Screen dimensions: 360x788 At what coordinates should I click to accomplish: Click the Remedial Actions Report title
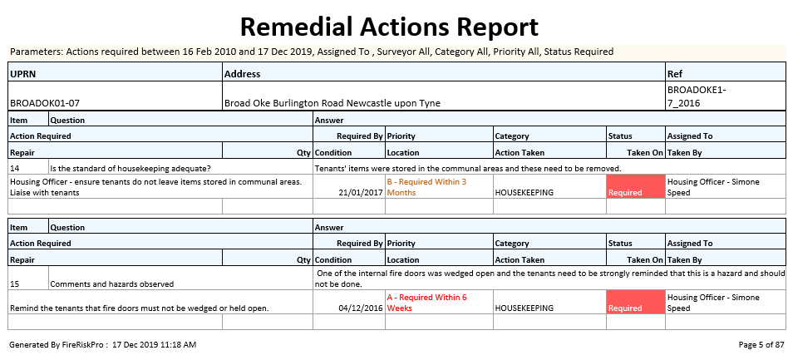(x=389, y=27)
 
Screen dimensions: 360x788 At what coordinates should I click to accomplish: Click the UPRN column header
(x=22, y=74)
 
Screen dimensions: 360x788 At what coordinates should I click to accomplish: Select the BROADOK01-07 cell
(x=45, y=103)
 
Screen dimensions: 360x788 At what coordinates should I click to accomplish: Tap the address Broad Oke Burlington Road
(x=332, y=103)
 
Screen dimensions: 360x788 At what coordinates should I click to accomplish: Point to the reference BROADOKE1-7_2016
(x=697, y=96)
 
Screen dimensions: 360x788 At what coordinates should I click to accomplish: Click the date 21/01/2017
(x=361, y=192)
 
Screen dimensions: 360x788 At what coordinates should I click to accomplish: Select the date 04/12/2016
(x=361, y=308)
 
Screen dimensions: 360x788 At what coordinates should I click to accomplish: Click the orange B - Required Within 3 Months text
(x=426, y=187)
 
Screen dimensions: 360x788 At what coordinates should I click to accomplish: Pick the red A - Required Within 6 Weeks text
(x=426, y=303)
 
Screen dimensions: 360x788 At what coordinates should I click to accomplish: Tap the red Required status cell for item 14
(x=636, y=187)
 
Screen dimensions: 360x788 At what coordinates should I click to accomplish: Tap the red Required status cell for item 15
(x=636, y=303)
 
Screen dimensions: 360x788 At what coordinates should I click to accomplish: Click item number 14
(x=15, y=168)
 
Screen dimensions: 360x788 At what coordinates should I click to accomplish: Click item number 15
(x=15, y=284)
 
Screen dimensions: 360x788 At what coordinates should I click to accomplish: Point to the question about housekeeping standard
(x=131, y=168)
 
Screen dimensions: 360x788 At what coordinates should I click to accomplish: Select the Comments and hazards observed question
(x=112, y=284)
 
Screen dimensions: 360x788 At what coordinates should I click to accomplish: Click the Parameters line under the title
(x=312, y=52)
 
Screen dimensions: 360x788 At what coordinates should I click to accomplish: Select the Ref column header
(x=676, y=74)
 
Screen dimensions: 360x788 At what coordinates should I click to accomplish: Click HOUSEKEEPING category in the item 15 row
(x=524, y=308)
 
